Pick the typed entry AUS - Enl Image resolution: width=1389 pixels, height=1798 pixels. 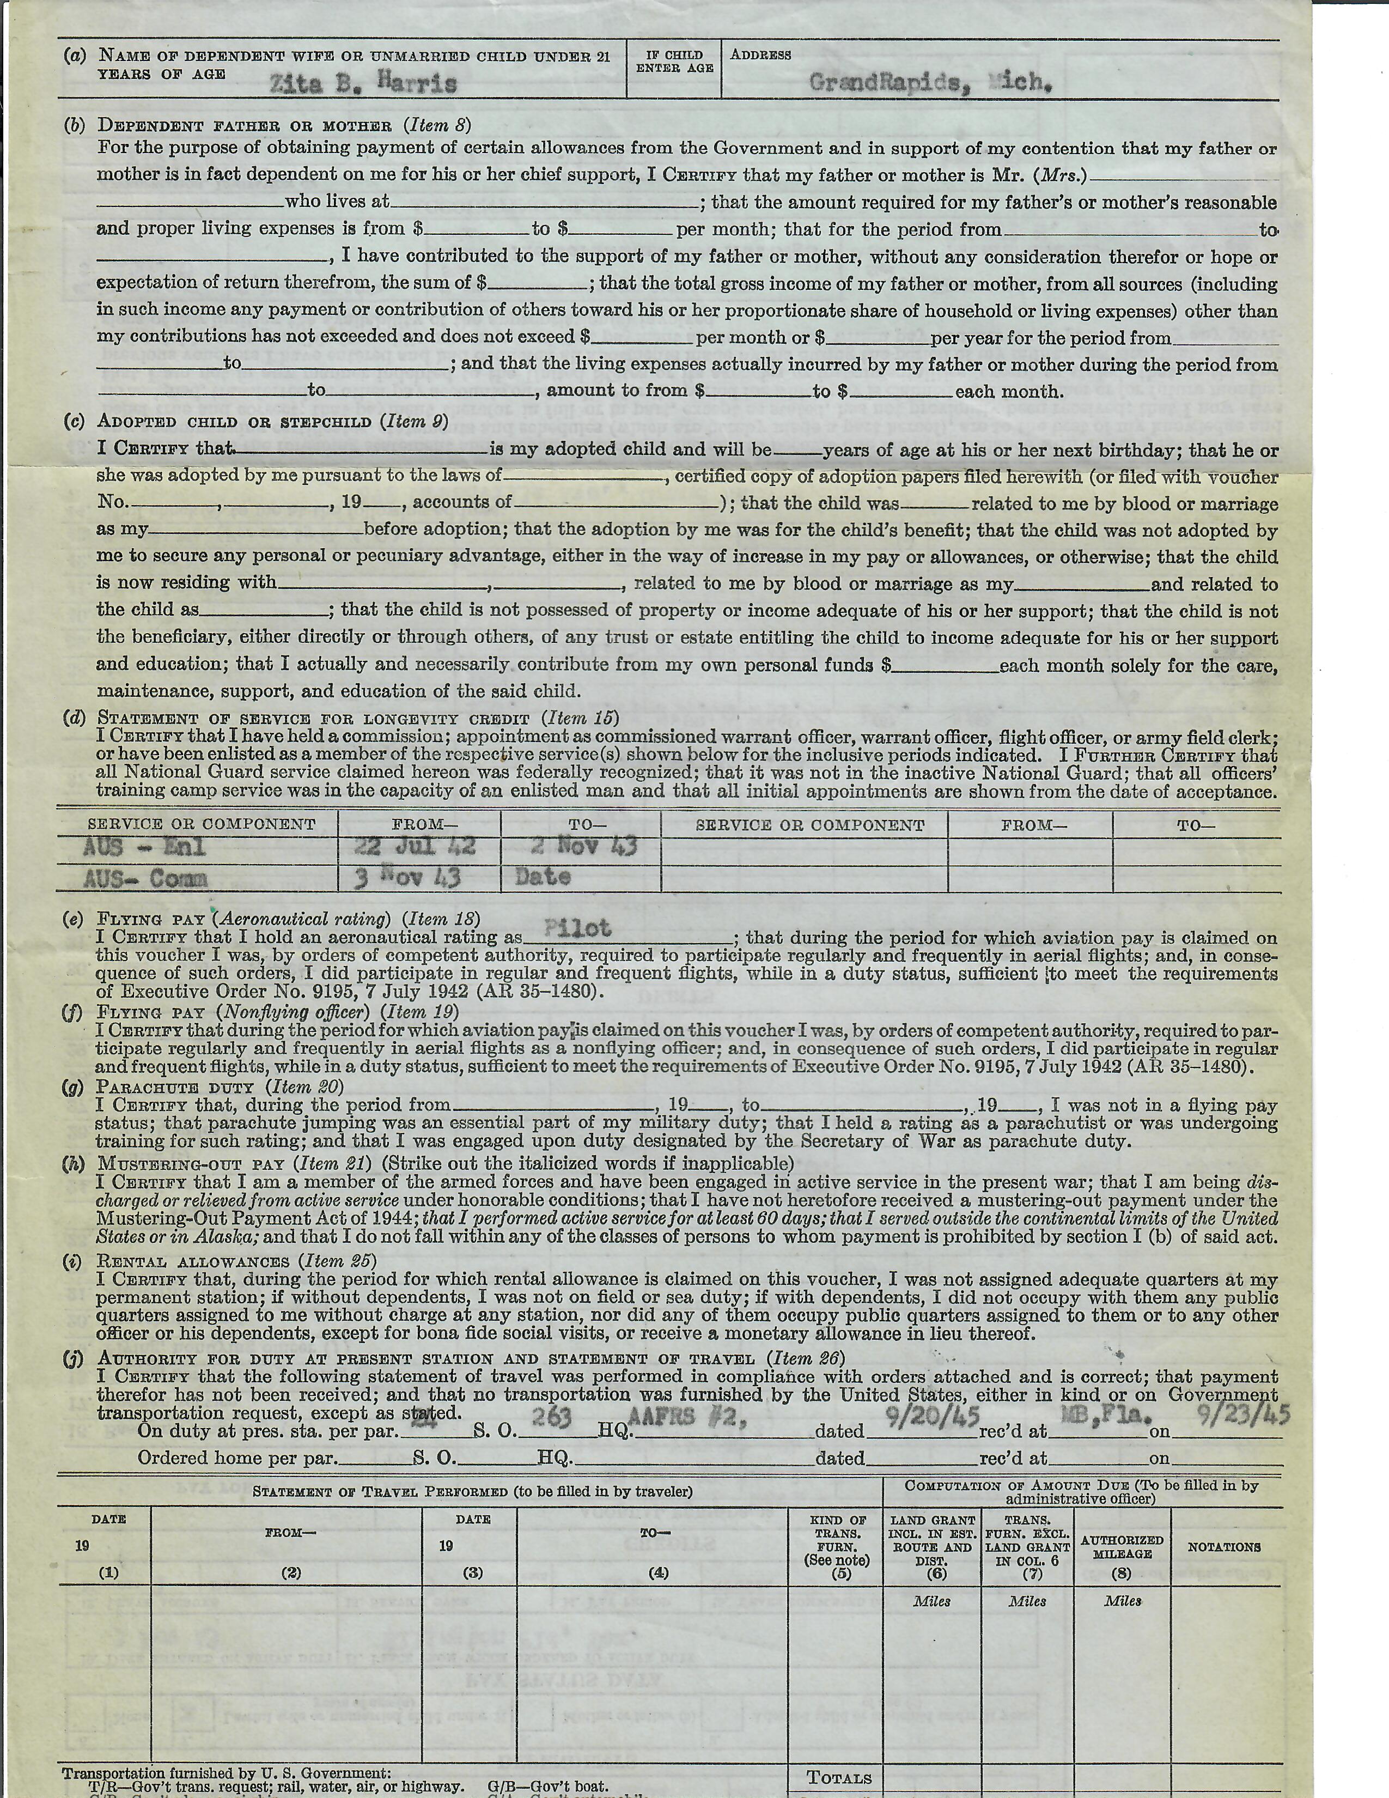144,848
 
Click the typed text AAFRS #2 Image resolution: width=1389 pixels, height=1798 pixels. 688,1416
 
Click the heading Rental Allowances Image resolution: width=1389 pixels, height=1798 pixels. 193,1261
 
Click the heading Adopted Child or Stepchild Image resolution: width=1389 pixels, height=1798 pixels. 237,422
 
